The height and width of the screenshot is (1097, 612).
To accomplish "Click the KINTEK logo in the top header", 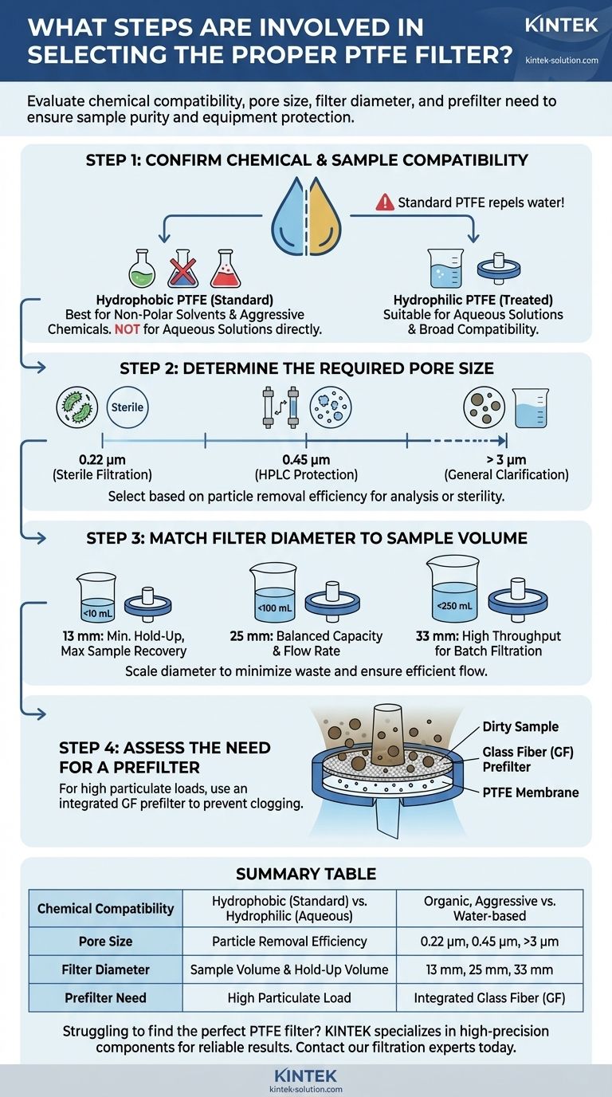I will tap(561, 26).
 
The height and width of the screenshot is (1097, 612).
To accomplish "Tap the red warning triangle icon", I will tap(385, 202).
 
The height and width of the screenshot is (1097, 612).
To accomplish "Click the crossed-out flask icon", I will tap(182, 270).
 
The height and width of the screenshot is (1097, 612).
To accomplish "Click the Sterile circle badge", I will tap(127, 407).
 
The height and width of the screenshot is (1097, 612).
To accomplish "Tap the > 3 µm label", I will tap(506, 460).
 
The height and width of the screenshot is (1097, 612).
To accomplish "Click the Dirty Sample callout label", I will tap(520, 727).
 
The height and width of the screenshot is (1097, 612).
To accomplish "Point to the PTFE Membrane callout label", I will tap(531, 792).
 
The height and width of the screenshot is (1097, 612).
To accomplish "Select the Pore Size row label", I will tap(105, 942).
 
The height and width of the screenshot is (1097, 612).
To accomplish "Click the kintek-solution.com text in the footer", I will tap(306, 1088).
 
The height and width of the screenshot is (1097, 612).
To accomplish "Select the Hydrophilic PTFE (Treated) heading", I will tap(473, 300).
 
